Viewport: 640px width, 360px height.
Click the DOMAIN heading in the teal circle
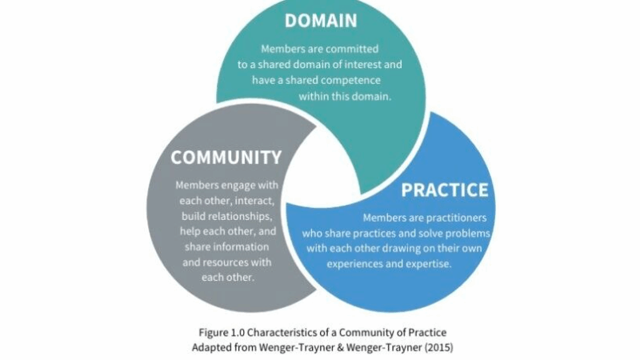pyautogui.click(x=320, y=21)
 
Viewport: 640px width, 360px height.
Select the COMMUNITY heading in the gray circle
pyautogui.click(x=226, y=158)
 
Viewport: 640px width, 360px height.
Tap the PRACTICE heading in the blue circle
pyautogui.click(x=444, y=190)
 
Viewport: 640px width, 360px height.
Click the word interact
pyautogui.click(x=252, y=201)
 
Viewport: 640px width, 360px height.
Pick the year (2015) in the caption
pyautogui.click(x=430, y=347)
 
